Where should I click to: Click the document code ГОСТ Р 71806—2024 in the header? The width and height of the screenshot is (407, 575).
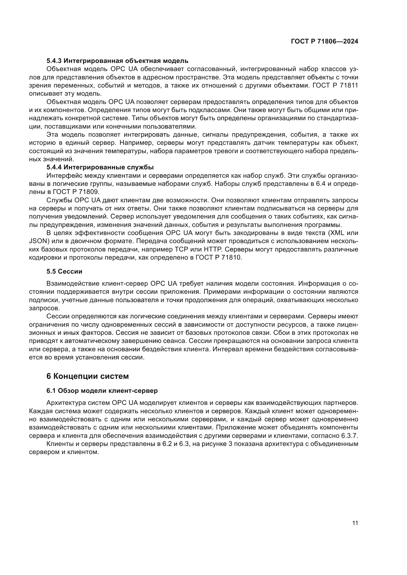pos(325,42)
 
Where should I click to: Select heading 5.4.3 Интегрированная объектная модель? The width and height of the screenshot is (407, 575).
pos(117,61)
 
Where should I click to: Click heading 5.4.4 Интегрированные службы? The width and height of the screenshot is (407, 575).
pos(100,167)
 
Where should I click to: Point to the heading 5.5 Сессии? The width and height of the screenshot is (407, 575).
pos(64,271)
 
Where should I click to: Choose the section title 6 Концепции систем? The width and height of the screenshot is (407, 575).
pos(87,376)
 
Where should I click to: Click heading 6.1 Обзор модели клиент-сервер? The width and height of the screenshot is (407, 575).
pos(102,391)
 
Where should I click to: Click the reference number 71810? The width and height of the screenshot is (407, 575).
pos(232,257)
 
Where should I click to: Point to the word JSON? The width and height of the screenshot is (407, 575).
pos(38,241)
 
